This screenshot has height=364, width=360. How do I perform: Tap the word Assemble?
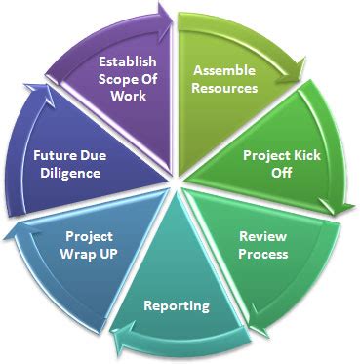[x=224, y=71]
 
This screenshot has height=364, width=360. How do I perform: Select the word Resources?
[x=224, y=88]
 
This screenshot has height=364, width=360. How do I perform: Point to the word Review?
[x=263, y=237]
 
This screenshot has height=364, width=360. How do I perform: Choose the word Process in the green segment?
[x=263, y=254]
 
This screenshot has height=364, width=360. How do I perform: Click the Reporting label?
[x=177, y=305]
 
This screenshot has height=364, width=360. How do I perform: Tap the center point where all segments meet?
[x=177, y=182]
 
